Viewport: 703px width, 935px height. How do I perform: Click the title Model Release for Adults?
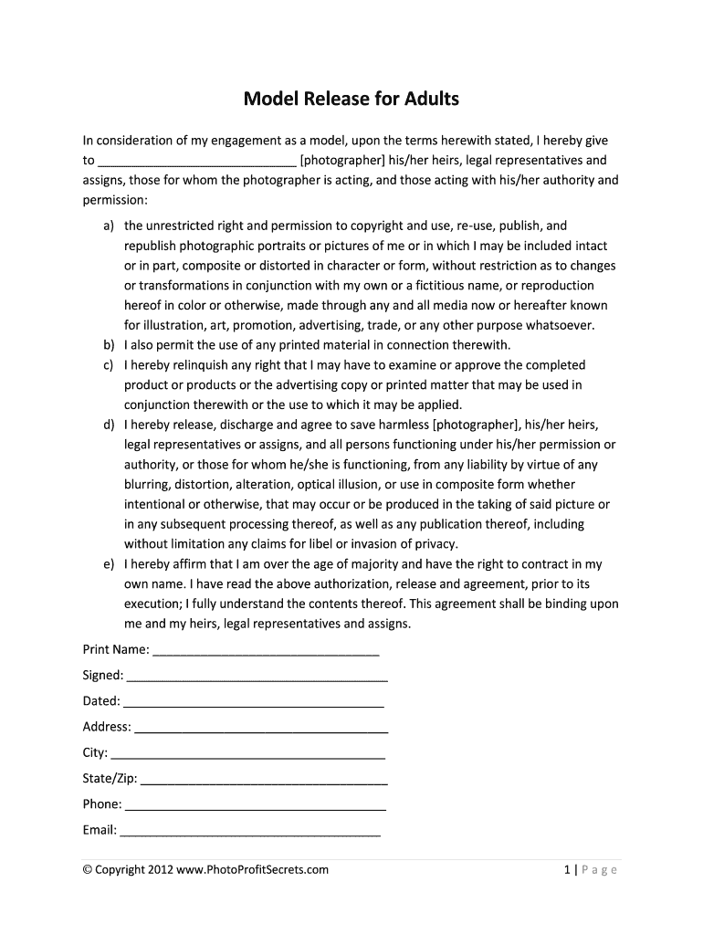pyautogui.click(x=351, y=98)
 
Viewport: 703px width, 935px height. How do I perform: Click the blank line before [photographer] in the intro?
pyautogui.click(x=196, y=162)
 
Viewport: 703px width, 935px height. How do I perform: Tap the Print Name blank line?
pyautogui.click(x=266, y=651)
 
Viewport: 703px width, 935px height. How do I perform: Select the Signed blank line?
pyautogui.click(x=257, y=677)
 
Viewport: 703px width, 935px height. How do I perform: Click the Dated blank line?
pyautogui.click(x=253, y=702)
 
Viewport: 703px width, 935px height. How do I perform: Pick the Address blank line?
pyautogui.click(x=261, y=729)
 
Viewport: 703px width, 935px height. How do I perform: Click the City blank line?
pyautogui.click(x=247, y=754)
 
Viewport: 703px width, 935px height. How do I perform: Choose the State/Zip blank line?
pyautogui.click(x=265, y=780)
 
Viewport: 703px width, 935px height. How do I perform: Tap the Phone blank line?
pyautogui.click(x=255, y=805)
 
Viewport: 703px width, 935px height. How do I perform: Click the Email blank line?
pyautogui.click(x=250, y=831)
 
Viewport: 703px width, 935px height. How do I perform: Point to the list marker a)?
pyautogui.click(x=109, y=226)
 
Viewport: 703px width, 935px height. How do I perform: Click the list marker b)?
pyautogui.click(x=109, y=345)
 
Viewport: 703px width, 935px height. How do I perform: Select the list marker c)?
pyautogui.click(x=109, y=365)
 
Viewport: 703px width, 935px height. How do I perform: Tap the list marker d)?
pyautogui.click(x=109, y=425)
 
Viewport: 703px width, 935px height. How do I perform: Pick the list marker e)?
pyautogui.click(x=109, y=564)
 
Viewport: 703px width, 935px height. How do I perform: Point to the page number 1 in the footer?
pyautogui.click(x=567, y=870)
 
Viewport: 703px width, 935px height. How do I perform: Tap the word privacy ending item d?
pyautogui.click(x=436, y=544)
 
